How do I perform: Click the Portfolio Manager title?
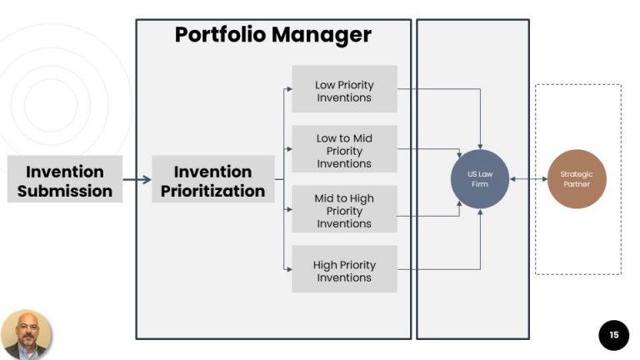click(272, 35)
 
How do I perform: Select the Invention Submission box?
click(65, 180)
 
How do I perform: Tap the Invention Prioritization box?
click(212, 180)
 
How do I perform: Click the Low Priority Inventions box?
click(344, 90)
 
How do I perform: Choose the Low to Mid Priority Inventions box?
click(344, 150)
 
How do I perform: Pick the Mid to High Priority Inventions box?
click(344, 210)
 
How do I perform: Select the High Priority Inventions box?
click(344, 271)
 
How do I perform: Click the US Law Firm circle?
click(479, 178)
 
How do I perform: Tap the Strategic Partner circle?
click(576, 178)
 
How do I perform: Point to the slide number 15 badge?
click(613, 335)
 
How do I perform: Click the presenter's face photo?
click(26, 333)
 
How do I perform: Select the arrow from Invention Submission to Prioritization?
click(137, 179)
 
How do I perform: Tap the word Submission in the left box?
click(65, 191)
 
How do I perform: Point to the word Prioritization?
click(212, 191)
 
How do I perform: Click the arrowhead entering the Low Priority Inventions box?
click(288, 89)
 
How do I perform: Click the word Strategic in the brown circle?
click(576, 173)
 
